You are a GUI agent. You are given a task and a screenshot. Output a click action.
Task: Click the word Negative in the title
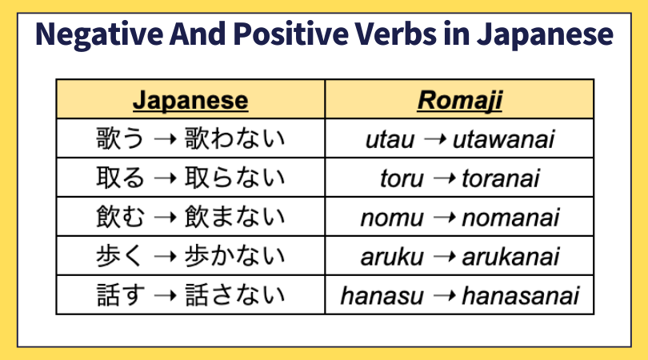tap(99, 34)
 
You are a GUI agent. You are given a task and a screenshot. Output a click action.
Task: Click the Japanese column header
tap(190, 101)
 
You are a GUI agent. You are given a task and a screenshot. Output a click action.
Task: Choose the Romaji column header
tap(459, 101)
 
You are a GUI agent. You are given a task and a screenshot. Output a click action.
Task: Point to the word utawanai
tap(503, 140)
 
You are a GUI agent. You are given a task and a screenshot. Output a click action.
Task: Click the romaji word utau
tap(390, 140)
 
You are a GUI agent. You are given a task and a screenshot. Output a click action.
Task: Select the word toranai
tap(501, 178)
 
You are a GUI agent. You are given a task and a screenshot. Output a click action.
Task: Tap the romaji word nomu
tap(392, 218)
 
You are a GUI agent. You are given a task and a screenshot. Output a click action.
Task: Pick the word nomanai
tap(510, 218)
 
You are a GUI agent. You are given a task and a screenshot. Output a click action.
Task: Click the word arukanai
tap(510, 257)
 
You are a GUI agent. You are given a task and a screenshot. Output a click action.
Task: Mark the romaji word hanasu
tap(382, 296)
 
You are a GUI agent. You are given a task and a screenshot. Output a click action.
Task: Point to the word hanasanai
tap(520, 296)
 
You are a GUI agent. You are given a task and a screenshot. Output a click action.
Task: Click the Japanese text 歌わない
tap(234, 138)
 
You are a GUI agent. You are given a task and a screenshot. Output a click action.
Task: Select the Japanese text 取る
tap(120, 178)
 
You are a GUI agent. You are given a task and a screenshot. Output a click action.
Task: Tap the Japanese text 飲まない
tap(234, 216)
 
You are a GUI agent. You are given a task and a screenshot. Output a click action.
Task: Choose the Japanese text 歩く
tap(119, 255)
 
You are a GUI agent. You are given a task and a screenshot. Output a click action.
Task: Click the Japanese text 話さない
tap(234, 294)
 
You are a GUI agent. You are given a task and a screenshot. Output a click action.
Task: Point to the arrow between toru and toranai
tap(445, 178)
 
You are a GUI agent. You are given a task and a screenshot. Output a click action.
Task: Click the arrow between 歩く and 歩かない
tap(165, 257)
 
